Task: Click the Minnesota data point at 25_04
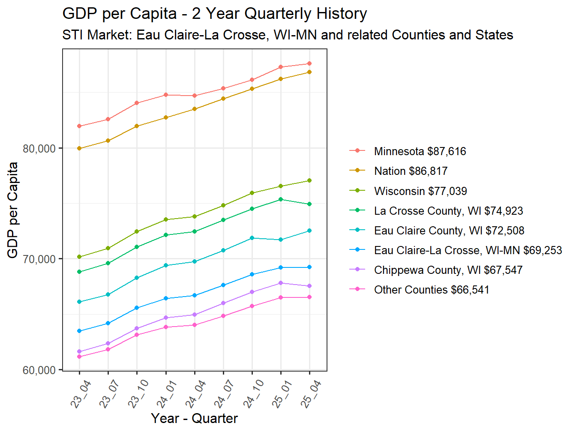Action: click(x=309, y=64)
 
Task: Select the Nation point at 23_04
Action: click(x=79, y=148)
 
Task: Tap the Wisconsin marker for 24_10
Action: click(x=252, y=193)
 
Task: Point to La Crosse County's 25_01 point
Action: click(x=281, y=199)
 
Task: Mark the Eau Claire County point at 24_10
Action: click(x=252, y=238)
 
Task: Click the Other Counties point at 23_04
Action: click(x=79, y=357)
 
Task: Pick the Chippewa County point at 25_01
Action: click(x=281, y=283)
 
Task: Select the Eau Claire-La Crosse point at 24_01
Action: click(x=166, y=298)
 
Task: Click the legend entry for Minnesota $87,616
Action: click(x=420, y=151)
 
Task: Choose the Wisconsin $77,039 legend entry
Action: click(x=420, y=191)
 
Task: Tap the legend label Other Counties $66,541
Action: click(x=431, y=290)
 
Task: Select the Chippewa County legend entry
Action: click(x=448, y=270)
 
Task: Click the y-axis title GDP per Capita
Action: click(x=13, y=210)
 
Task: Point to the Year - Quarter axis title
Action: click(x=194, y=418)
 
